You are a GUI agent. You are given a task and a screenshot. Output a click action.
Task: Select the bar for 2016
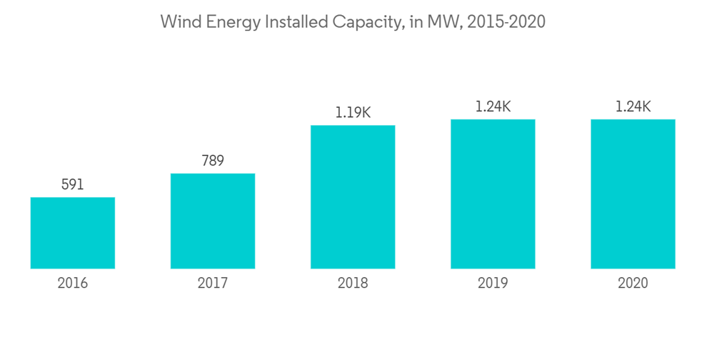point(73,233)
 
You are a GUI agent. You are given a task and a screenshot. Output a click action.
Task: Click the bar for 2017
point(213,221)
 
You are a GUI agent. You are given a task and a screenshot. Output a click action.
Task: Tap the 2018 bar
point(353,197)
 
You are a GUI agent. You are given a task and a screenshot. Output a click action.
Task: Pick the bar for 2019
point(493,194)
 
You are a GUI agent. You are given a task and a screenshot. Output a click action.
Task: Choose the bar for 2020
point(633,194)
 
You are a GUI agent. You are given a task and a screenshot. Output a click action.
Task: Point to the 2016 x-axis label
point(73,284)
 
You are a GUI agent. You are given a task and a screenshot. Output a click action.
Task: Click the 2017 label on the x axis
point(213,284)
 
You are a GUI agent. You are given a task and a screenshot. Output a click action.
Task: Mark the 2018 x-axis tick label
point(353,284)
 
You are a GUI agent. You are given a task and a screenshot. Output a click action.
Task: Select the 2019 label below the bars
point(493,284)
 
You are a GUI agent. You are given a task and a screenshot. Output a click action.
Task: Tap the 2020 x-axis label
point(633,284)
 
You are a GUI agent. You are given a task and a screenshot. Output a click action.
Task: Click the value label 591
point(72,184)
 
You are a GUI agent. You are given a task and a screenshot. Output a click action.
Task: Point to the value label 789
point(212,161)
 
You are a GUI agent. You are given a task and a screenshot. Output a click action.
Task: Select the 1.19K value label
point(353,112)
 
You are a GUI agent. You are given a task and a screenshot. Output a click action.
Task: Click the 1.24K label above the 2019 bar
point(493,106)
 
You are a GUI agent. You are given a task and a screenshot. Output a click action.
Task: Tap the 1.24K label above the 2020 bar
point(633,106)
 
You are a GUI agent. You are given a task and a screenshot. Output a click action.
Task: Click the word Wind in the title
point(178,22)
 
